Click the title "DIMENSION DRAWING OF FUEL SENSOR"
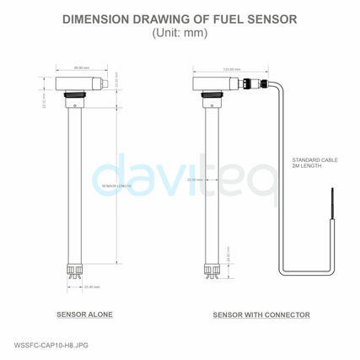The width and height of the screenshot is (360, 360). tap(180, 19)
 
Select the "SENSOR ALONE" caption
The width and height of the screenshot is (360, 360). tap(84, 314)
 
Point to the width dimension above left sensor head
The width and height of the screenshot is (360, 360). tap(81, 68)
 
